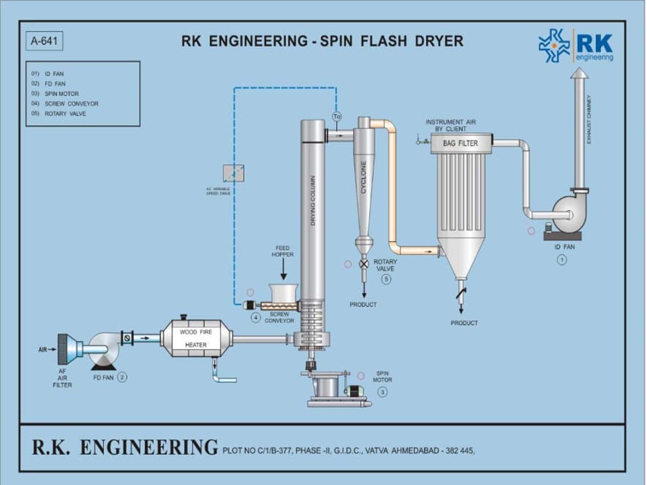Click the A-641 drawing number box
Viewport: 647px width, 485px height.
[44, 41]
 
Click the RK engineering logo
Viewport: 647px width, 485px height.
[575, 46]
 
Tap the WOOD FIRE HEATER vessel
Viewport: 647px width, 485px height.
[196, 338]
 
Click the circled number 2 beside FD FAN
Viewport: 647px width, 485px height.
[122, 377]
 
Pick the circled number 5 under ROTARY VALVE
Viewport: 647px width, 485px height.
[386, 279]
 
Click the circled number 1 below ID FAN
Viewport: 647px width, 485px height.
[562, 260]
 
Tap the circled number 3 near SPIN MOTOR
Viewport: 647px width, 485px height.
[382, 392]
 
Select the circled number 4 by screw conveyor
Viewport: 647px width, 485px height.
[256, 318]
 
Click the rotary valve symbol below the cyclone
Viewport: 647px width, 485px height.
[364, 264]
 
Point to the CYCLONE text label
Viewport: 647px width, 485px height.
[364, 178]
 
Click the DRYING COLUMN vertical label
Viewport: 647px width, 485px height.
[313, 199]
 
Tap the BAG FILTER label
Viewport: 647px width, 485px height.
[460, 143]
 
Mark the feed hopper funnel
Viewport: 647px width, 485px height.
[283, 293]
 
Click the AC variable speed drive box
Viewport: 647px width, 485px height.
[233, 173]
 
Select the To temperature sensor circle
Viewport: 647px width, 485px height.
[337, 116]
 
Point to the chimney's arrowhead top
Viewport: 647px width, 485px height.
[580, 73]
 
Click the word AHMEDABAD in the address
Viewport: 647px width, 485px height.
[414, 451]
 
